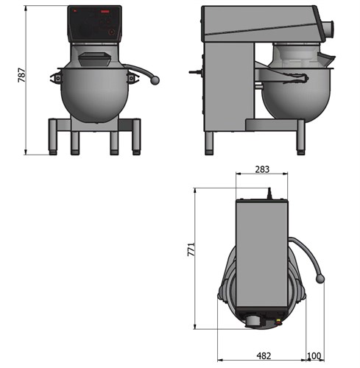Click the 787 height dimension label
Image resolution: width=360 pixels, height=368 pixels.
[22, 76]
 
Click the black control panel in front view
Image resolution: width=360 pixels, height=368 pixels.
[94, 24]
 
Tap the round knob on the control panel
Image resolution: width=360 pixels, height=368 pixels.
[111, 32]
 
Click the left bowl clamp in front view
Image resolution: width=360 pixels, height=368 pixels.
[56, 77]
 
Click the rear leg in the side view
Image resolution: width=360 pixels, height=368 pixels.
[209, 140]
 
